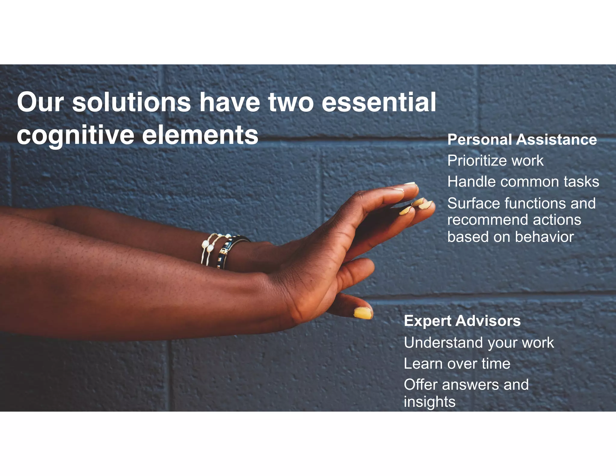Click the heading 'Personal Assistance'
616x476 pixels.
[522, 140]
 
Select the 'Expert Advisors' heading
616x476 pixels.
[462, 321]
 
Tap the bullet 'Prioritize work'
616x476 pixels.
[495, 161]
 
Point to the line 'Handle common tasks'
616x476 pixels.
[523, 182]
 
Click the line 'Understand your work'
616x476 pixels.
[479, 343]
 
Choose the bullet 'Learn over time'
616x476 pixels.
[457, 363]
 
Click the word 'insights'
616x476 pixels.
[430, 402]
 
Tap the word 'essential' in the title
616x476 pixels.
[379, 102]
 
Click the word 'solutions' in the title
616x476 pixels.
[131, 102]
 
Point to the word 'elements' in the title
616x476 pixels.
[200, 135]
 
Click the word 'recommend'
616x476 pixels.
[487, 220]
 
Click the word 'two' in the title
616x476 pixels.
[291, 102]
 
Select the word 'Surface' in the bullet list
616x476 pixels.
[473, 203]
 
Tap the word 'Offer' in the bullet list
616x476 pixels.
[420, 385]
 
